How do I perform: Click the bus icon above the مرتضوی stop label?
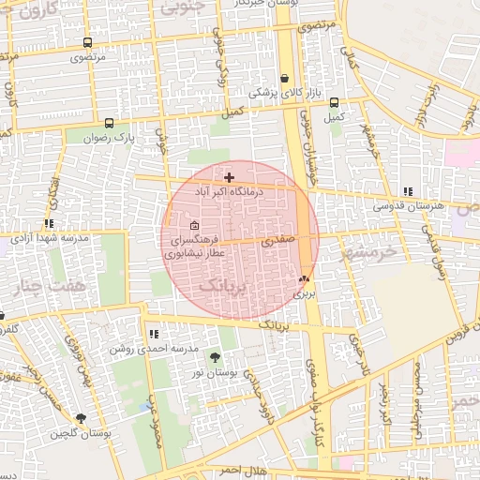(x=87, y=42)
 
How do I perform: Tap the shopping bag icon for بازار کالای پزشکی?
(x=284, y=78)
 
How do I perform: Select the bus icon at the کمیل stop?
(x=335, y=102)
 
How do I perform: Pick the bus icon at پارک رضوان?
(x=110, y=123)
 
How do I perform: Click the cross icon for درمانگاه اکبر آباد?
(x=229, y=176)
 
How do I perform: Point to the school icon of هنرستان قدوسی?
(x=407, y=191)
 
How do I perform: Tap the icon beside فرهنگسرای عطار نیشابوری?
(x=194, y=225)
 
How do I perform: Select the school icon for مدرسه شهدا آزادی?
(x=49, y=224)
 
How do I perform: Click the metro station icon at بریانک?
(x=303, y=278)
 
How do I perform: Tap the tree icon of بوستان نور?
(x=216, y=357)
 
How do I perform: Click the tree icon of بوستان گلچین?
(x=81, y=418)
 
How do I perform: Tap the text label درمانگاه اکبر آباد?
(x=230, y=190)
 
